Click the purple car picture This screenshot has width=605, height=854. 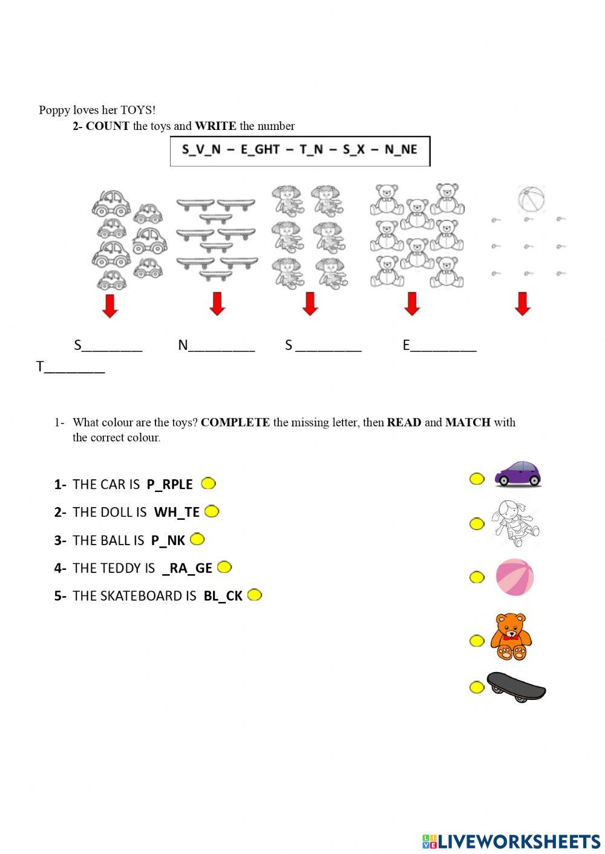pos(518,474)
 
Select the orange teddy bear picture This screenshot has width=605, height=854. pos(511,637)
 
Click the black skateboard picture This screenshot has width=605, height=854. pos(516,687)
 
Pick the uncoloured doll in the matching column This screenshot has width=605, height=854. pos(515,523)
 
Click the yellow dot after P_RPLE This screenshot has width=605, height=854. pos(208,484)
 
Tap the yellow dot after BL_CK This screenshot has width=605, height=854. pos(255,595)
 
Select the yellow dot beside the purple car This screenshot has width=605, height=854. pos(477,479)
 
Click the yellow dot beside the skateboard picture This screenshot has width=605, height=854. pos(477,687)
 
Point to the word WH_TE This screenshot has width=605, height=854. pos(177,513)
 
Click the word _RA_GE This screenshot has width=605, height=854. pos(187,568)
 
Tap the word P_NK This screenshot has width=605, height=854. pos(168,540)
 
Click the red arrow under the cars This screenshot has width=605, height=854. pos(110,305)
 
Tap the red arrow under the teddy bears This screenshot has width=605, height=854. pos(412,304)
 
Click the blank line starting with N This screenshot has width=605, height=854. pos(216,346)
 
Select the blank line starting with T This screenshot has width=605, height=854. pos(71,367)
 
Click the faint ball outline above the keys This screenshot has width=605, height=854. pos(531,199)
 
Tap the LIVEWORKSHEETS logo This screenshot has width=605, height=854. pos(511,841)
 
